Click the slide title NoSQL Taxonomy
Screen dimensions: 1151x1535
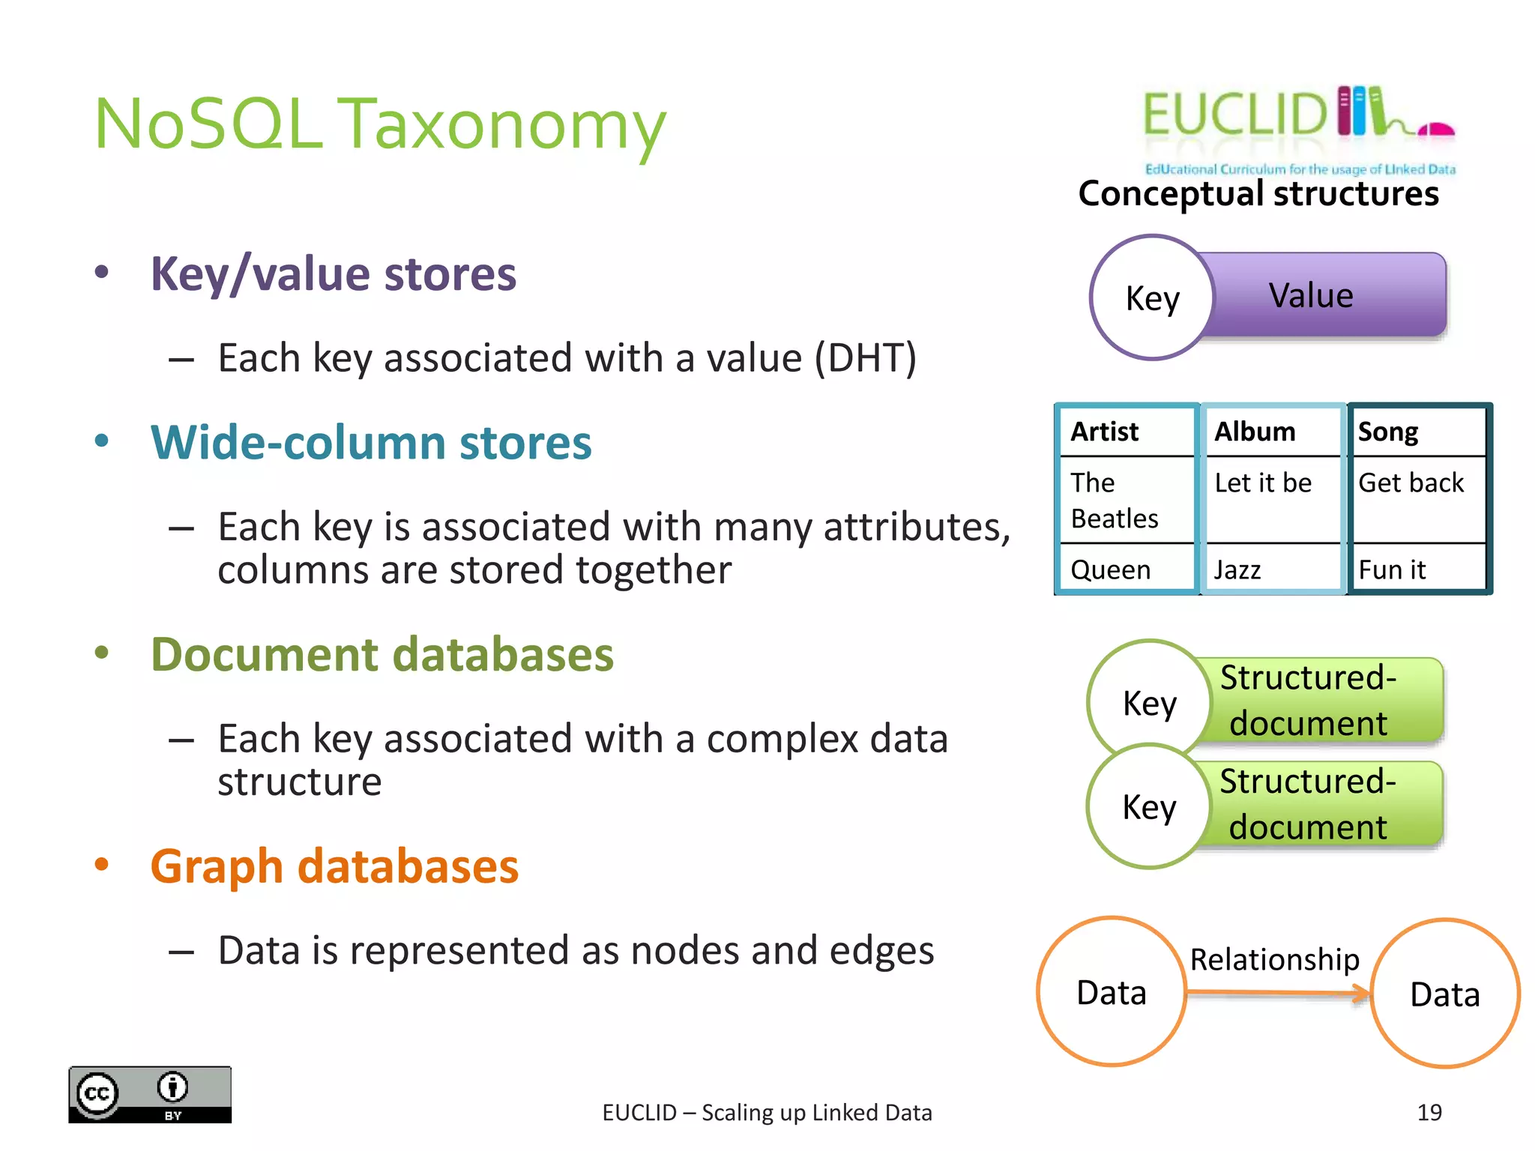[379, 124]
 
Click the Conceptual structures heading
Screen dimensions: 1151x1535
[1258, 193]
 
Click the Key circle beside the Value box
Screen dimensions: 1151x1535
[1152, 298]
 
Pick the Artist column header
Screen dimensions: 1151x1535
[1105, 432]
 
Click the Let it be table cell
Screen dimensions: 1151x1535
[1263, 483]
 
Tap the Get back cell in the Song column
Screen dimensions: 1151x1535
[1411, 483]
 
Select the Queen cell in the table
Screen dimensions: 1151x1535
[1110, 570]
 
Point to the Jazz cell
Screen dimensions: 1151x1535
[1237, 570]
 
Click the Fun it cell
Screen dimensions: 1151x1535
[1392, 570]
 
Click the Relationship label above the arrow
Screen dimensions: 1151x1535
[1274, 959]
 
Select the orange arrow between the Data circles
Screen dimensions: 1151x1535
[1277, 994]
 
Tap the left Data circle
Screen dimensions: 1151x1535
[1111, 992]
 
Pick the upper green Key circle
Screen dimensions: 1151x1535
[1149, 702]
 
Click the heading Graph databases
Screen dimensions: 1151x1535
[334, 866]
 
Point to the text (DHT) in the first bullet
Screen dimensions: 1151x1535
[866, 358]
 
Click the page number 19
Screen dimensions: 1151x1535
[1429, 1113]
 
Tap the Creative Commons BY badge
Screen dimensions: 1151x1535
[150, 1095]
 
